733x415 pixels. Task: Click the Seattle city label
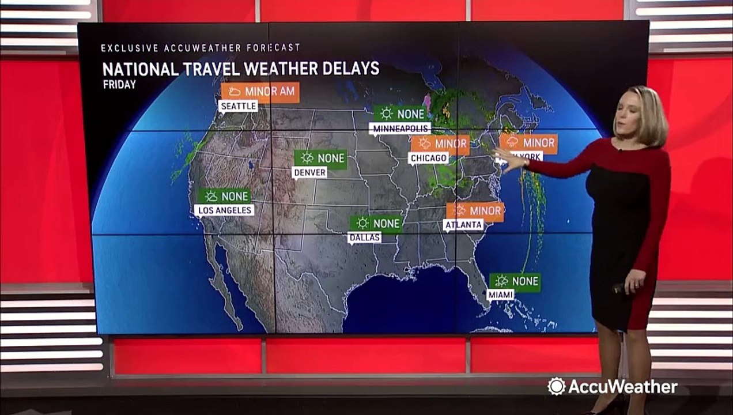(x=238, y=107)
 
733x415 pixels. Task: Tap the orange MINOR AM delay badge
(x=260, y=92)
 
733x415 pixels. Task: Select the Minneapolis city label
(x=400, y=128)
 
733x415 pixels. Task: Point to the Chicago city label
(x=428, y=158)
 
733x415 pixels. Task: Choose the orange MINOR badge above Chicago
(x=440, y=144)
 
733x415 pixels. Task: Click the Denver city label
(x=309, y=172)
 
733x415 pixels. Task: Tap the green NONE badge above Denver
(x=320, y=158)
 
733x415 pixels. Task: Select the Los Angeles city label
(x=224, y=210)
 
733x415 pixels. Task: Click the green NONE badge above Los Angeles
(x=224, y=196)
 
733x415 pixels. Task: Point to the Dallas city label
(x=364, y=237)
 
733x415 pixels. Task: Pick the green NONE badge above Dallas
(x=376, y=223)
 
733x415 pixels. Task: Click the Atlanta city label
(x=463, y=225)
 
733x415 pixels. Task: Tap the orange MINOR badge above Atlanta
(x=475, y=211)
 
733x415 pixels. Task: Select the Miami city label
(x=500, y=295)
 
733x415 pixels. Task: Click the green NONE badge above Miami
(x=515, y=281)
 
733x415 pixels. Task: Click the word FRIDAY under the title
(x=119, y=85)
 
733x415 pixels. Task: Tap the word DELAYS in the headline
(x=350, y=69)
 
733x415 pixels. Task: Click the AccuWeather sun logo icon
(x=556, y=386)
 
